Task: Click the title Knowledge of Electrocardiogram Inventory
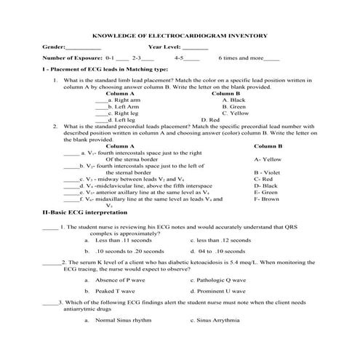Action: click(x=182, y=35)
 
